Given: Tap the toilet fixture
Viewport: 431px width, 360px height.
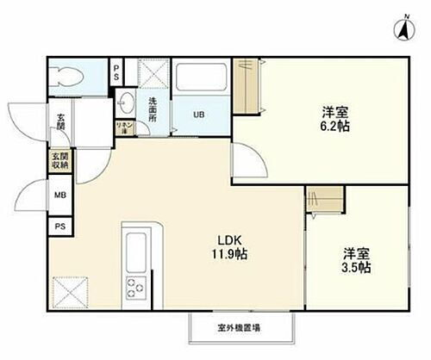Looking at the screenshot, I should [68, 78].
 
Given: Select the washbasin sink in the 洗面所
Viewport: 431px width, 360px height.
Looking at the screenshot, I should [126, 101].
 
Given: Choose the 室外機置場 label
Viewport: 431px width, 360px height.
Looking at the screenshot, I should [239, 327].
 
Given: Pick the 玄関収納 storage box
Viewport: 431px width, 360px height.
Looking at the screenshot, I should [60, 161].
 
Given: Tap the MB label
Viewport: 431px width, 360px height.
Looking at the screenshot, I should [60, 194].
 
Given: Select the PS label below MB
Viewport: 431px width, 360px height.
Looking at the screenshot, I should [60, 227].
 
